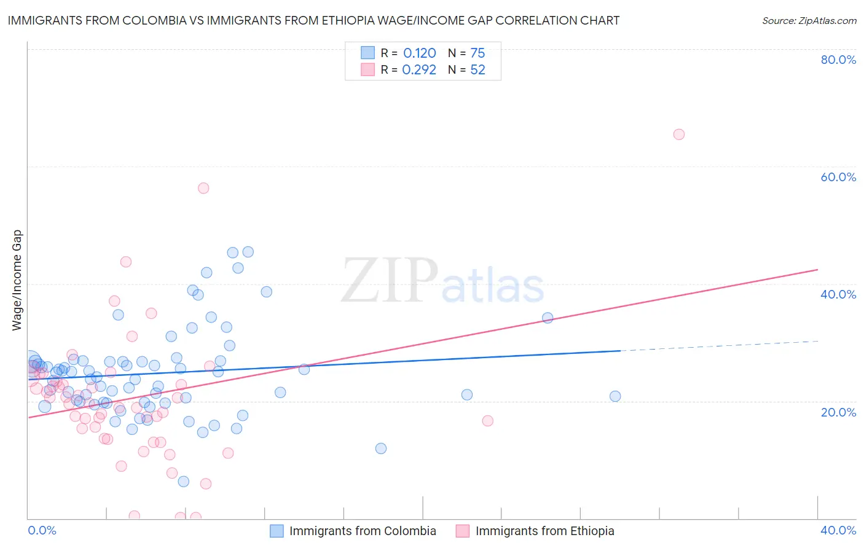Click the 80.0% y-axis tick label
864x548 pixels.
coord(838,60)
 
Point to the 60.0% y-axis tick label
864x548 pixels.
coord(838,177)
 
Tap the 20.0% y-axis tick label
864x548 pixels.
coord(838,412)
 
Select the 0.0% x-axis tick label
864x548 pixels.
coord(42,530)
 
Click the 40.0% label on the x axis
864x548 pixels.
coord(838,530)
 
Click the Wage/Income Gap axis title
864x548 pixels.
coord(17,280)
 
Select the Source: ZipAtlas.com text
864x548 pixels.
coord(809,20)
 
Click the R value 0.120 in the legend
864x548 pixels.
coord(419,53)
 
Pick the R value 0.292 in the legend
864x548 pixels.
coord(419,69)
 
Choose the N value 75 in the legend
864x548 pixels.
coord(477,53)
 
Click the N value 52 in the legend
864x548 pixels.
coord(477,69)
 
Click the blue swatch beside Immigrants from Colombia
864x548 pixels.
coord(277,531)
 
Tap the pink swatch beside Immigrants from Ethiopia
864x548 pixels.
coord(463,531)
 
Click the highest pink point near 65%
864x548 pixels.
coord(678,135)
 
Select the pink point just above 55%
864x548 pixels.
coord(203,188)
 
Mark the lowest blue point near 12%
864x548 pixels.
coord(381,448)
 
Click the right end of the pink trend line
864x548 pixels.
coord(817,270)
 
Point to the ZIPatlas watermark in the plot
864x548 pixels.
coord(442,281)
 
